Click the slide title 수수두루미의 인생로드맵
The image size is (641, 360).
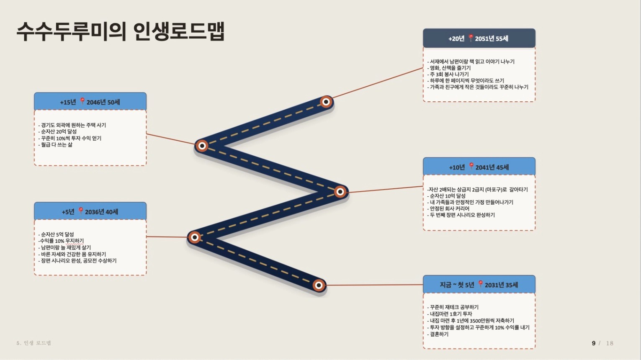pyautogui.click(x=121, y=31)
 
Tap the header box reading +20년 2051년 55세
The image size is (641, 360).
pyautogui.click(x=479, y=38)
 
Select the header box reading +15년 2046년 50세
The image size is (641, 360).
pyautogui.click(x=90, y=101)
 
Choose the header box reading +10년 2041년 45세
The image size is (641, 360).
pyautogui.click(x=479, y=166)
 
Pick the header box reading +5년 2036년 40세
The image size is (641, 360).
pyautogui.click(x=90, y=211)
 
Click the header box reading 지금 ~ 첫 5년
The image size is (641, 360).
pyautogui.click(x=479, y=284)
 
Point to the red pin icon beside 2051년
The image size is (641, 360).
pyautogui.click(x=471, y=38)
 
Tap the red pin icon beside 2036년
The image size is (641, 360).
pyautogui.click(x=81, y=211)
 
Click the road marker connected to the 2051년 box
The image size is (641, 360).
pyautogui.click(x=326, y=102)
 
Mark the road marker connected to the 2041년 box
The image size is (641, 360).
pyautogui.click(x=340, y=191)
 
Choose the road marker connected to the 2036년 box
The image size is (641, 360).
pyautogui.click(x=195, y=237)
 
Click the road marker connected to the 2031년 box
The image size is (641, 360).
pyautogui.click(x=319, y=285)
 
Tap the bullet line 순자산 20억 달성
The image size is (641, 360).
pyautogui.click(x=57, y=131)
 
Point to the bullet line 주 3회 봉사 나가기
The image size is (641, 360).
pyautogui.click(x=448, y=74)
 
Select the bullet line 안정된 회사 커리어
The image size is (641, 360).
pyautogui.click(x=448, y=208)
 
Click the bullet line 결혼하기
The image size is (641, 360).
pyautogui.click(x=438, y=334)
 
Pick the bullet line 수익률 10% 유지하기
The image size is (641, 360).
pyautogui.click(x=61, y=241)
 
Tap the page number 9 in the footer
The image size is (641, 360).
pyautogui.click(x=594, y=343)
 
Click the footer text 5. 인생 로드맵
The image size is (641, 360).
pyautogui.click(x=34, y=343)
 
